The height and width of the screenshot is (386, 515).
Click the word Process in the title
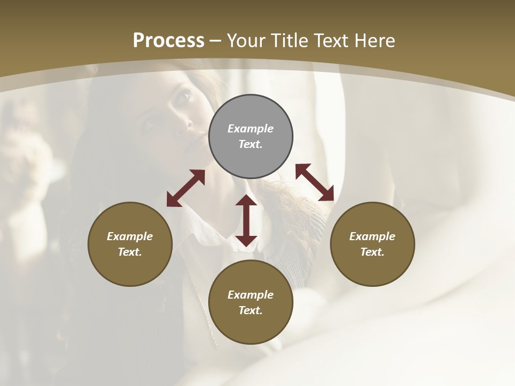pyautogui.click(x=168, y=41)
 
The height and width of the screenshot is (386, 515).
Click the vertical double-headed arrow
pyautogui.click(x=246, y=220)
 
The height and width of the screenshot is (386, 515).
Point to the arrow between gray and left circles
pyautogui.click(x=186, y=188)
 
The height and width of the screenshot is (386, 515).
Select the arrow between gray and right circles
pyautogui.click(x=314, y=182)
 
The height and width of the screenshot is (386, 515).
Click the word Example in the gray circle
pyautogui.click(x=251, y=129)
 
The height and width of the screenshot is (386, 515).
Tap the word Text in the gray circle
pyautogui.click(x=251, y=144)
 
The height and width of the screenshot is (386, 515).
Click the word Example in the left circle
pyautogui.click(x=130, y=236)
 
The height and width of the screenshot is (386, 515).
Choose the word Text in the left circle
pyautogui.click(x=130, y=252)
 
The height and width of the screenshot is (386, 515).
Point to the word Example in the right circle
pyautogui.click(x=372, y=236)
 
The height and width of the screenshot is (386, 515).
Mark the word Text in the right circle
pyautogui.click(x=372, y=252)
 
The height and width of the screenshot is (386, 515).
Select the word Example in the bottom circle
pyautogui.click(x=251, y=295)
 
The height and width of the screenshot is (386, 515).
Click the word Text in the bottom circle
pyautogui.click(x=251, y=310)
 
